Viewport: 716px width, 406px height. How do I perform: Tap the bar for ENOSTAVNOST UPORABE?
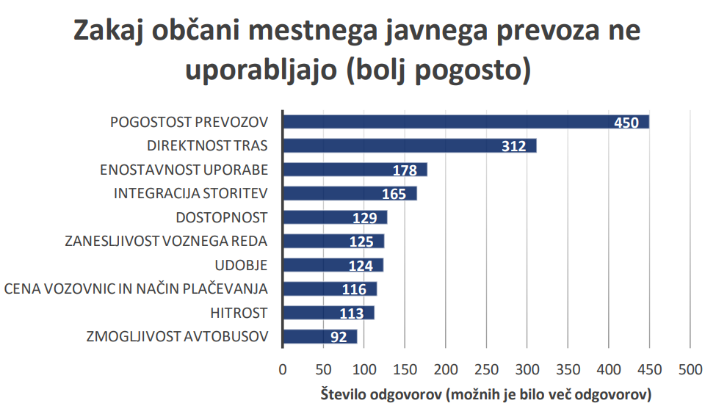[338, 170]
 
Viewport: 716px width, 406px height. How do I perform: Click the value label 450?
[626, 123]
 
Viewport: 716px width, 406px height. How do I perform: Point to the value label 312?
[514, 146]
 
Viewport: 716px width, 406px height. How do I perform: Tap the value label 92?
[339, 338]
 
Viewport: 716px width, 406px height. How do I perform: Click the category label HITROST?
[238, 313]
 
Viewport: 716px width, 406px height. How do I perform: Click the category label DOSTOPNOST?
[222, 217]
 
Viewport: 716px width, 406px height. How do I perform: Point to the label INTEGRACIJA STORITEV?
[191, 194]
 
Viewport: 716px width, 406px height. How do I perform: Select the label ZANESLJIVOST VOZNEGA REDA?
[166, 242]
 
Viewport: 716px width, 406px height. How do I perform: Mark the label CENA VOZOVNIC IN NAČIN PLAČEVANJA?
[136, 289]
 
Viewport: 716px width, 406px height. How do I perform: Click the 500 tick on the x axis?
[689, 369]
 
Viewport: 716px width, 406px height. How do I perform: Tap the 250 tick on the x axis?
[485, 369]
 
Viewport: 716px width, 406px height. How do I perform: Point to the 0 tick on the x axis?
[283, 369]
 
